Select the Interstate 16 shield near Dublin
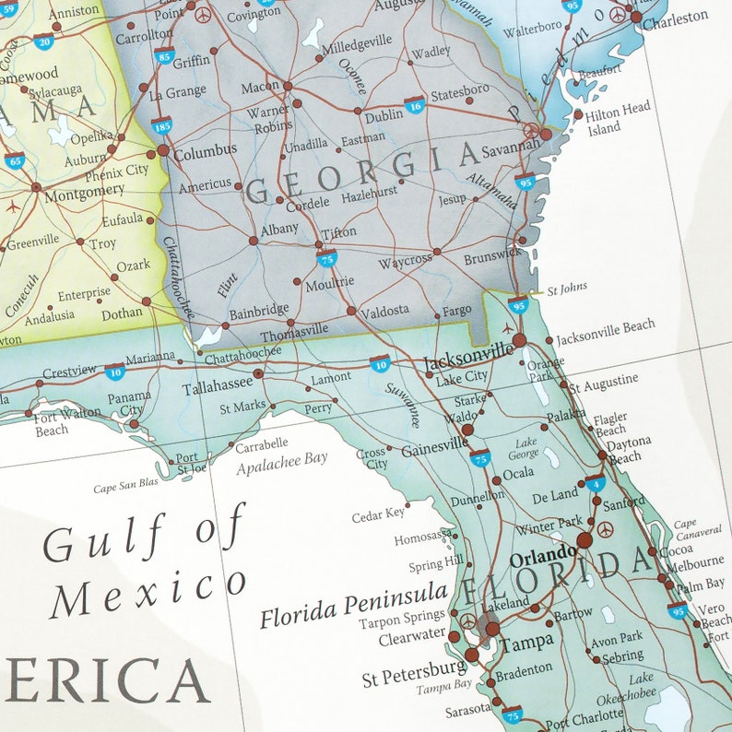415,104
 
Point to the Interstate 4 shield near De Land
595,482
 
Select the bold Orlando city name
542,559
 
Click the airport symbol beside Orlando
605,529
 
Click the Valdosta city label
384,312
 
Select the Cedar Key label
378,515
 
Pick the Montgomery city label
84,189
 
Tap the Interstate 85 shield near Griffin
164,57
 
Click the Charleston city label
675,17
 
